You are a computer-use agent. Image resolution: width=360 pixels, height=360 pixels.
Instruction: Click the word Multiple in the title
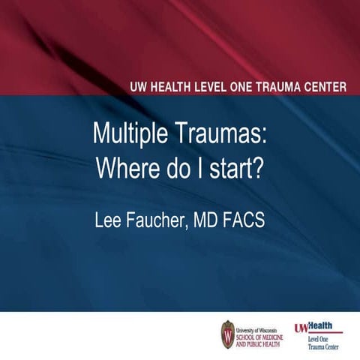point(126,134)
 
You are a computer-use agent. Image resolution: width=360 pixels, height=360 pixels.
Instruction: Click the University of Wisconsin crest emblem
point(227,333)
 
